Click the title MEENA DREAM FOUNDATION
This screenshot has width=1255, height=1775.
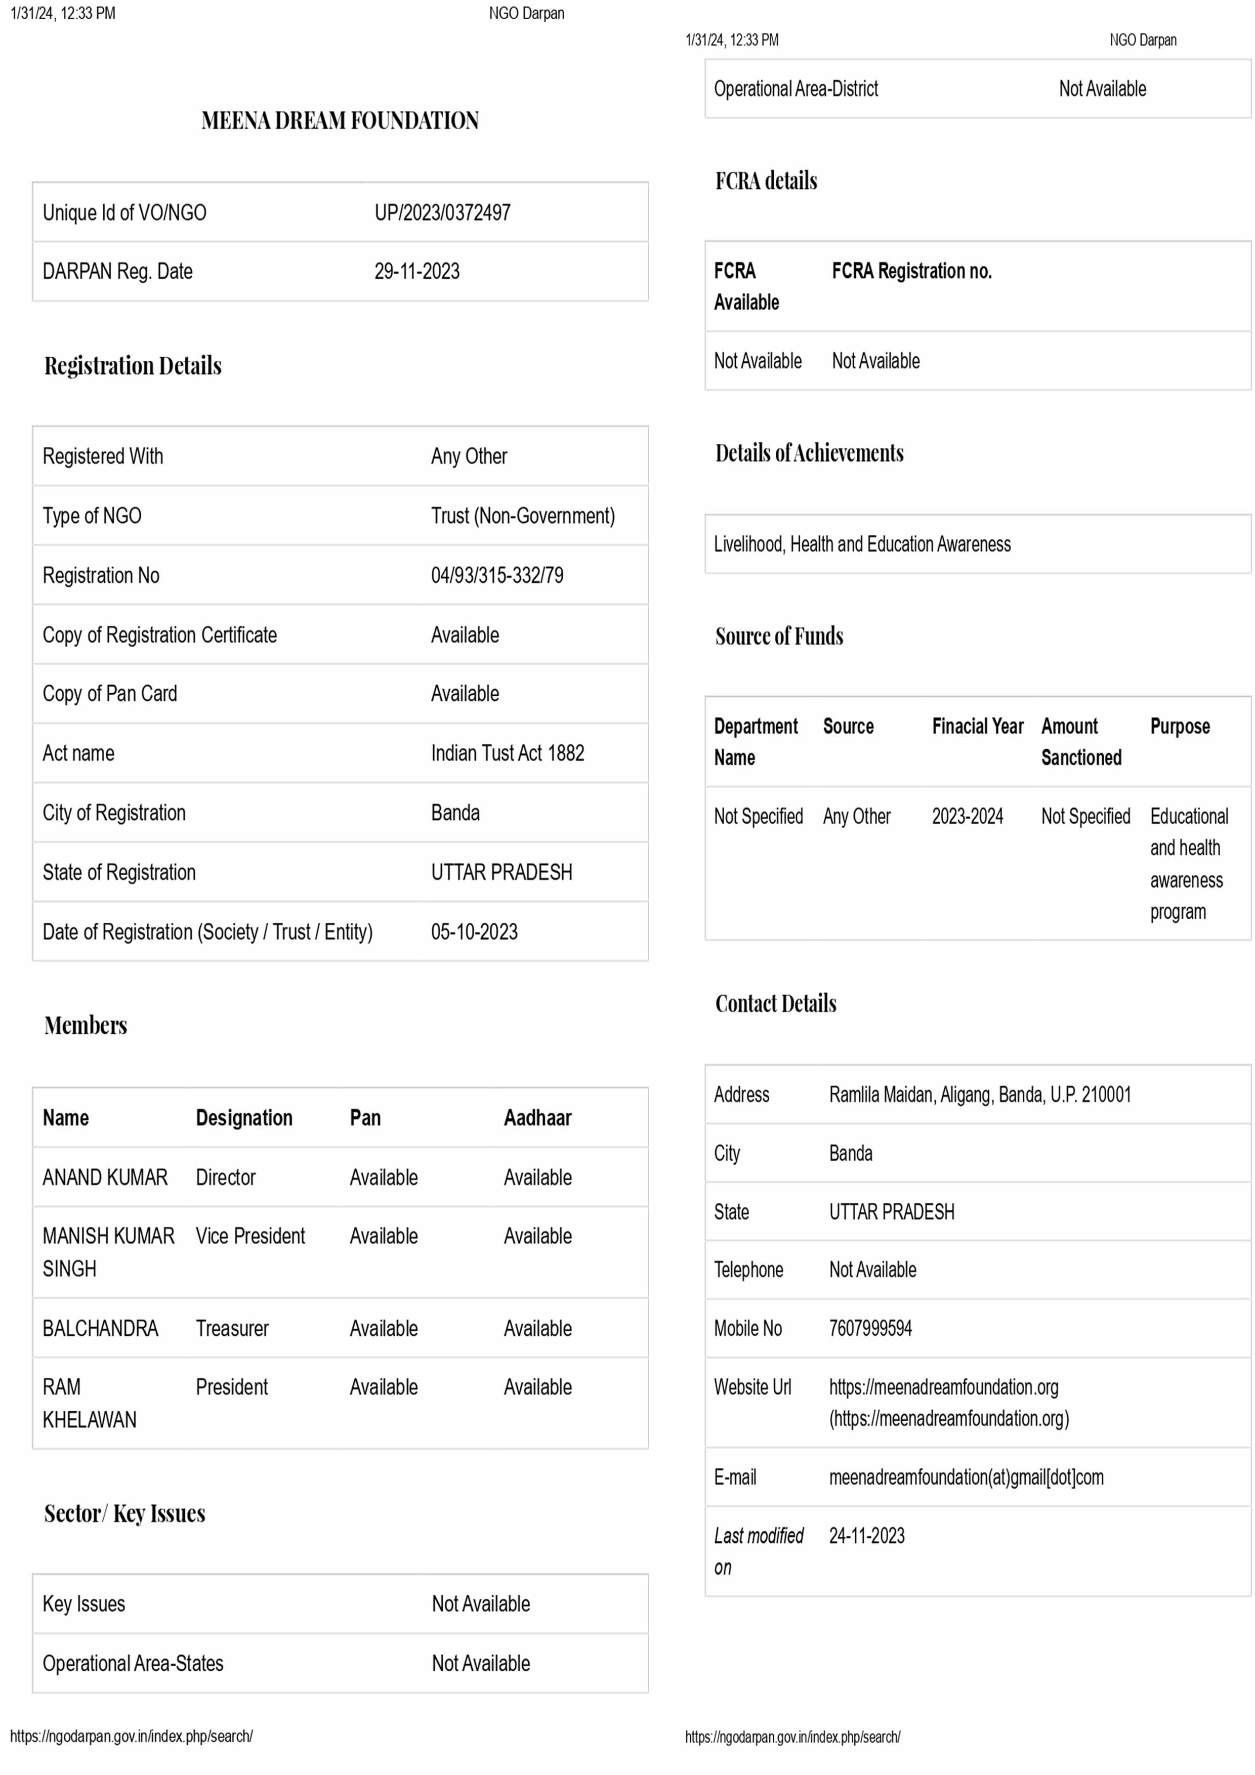click(340, 120)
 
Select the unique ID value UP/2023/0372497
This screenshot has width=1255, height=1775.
click(442, 213)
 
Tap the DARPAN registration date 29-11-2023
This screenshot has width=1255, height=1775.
click(417, 271)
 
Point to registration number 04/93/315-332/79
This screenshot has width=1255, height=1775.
click(497, 575)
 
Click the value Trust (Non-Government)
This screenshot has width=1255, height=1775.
click(523, 516)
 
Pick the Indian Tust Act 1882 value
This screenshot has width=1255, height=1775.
click(507, 753)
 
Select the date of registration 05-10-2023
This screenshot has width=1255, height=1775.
click(474, 932)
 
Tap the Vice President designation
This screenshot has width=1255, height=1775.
click(250, 1236)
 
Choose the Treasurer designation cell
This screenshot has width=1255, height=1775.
click(232, 1328)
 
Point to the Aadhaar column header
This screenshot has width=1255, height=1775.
click(537, 1118)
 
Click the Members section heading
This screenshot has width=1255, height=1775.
click(86, 1025)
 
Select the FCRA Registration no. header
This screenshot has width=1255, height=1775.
click(912, 271)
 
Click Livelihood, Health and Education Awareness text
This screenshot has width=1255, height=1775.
click(862, 544)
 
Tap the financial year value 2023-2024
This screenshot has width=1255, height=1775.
click(968, 816)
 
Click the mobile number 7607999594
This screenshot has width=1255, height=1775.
click(871, 1328)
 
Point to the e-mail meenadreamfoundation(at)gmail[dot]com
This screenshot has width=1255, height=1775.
click(966, 1477)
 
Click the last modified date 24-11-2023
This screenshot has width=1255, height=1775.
click(867, 1536)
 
